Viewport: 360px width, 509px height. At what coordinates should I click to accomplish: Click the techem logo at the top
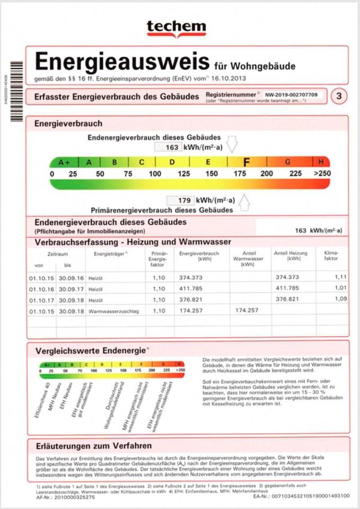pyautogui.click(x=176, y=27)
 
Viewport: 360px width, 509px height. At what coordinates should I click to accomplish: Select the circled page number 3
pyautogui.click(x=337, y=96)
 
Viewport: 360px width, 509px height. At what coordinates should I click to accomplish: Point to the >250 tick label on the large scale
pyautogui.click(x=322, y=174)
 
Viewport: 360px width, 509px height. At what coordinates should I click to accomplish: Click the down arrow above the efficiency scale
pyautogui.click(x=232, y=144)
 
